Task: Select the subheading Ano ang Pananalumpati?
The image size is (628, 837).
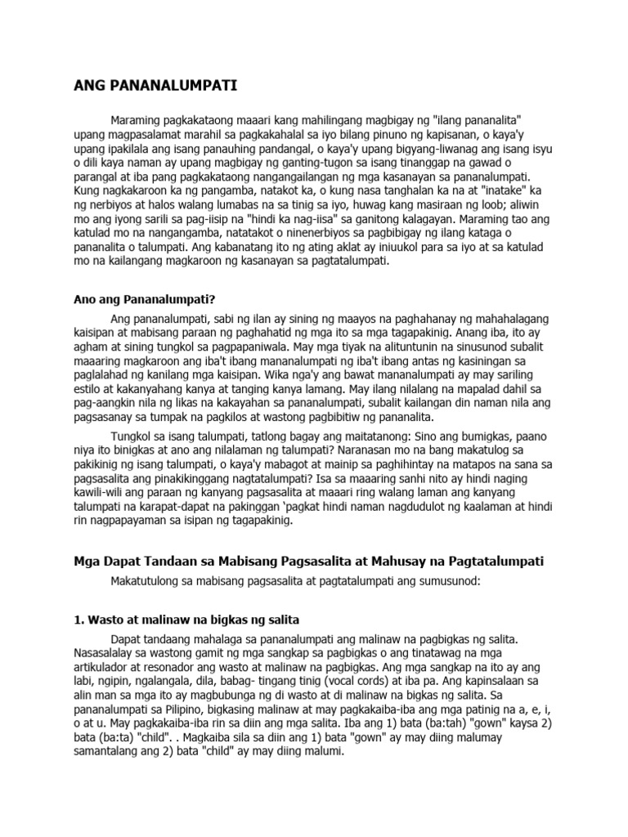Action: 150,298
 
